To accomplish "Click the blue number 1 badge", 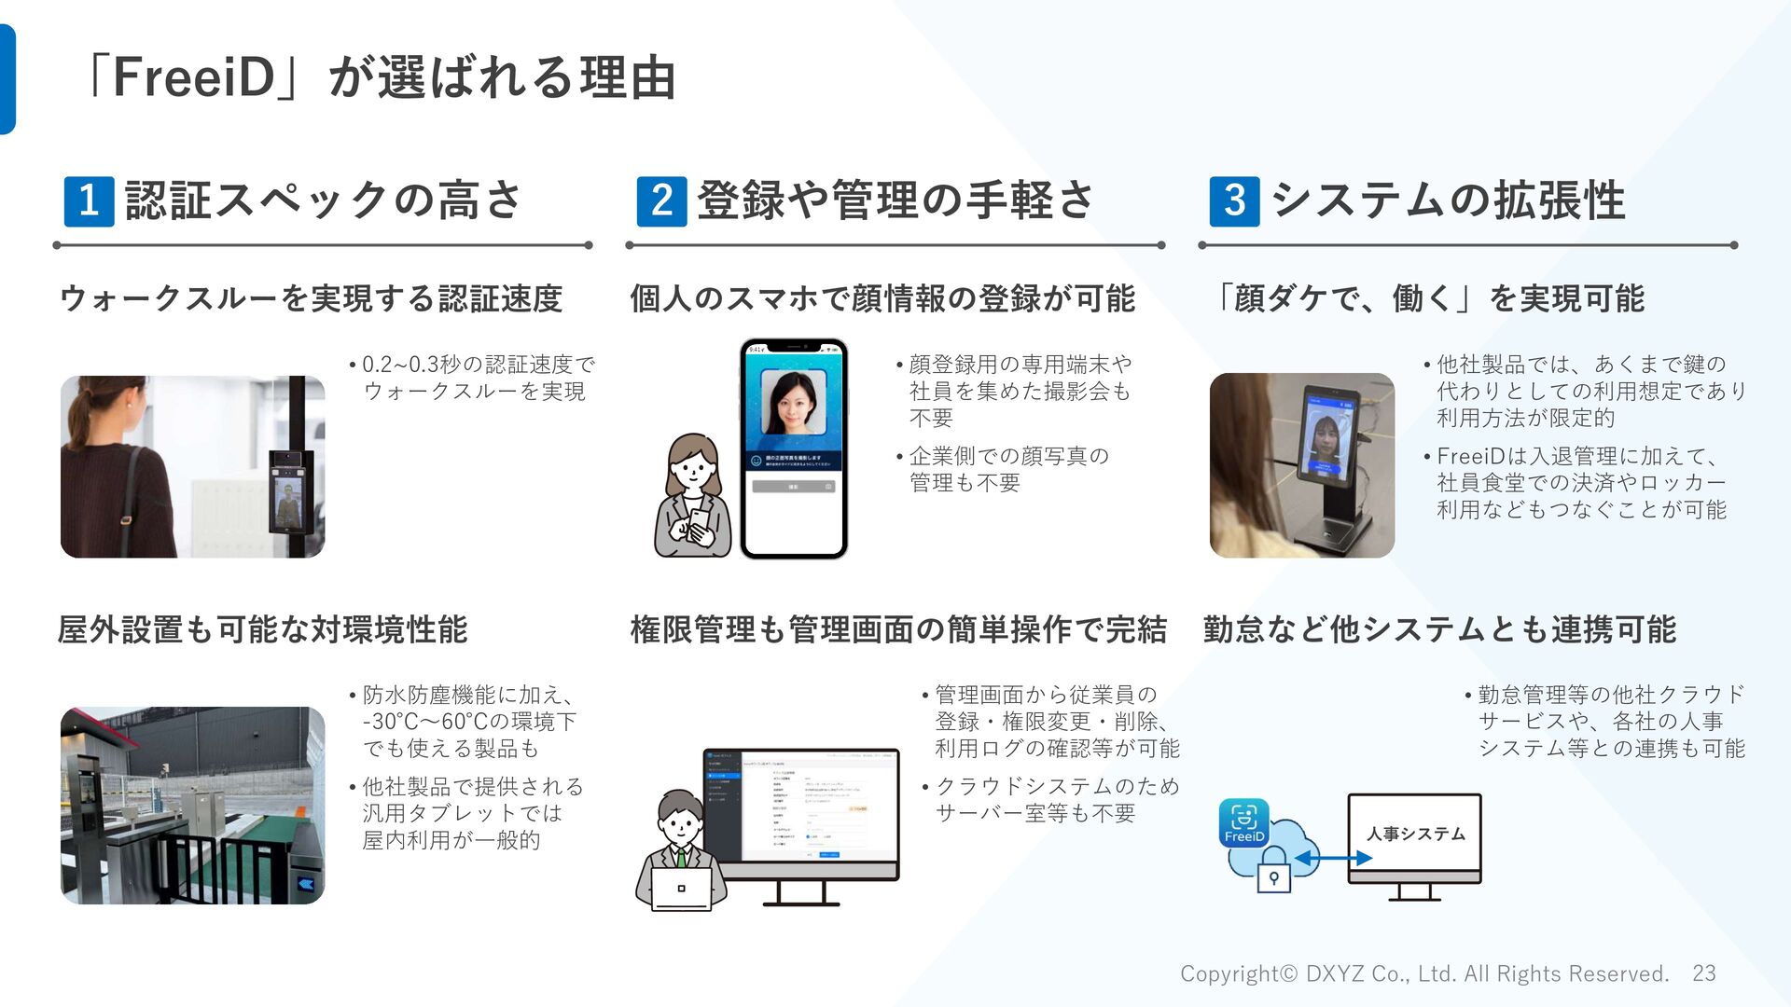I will click(89, 201).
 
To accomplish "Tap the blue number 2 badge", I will click(661, 201).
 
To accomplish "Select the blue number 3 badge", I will click(1234, 201).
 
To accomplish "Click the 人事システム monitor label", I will click(1415, 835).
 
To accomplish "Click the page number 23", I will click(1703, 973).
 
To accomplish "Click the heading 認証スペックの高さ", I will click(324, 200).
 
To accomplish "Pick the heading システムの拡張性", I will click(1448, 200).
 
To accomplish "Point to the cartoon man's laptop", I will click(681, 889).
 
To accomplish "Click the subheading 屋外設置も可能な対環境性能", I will click(262, 630).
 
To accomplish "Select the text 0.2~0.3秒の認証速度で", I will click(478, 364).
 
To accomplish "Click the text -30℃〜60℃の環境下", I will click(469, 722).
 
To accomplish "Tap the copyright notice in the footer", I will click(1423, 973).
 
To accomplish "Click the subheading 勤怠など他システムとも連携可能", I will click(1439, 630).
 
